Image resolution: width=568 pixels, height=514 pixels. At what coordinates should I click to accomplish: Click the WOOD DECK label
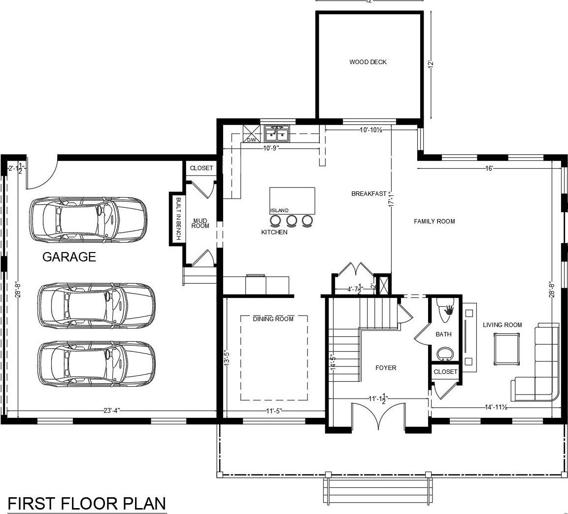[x=368, y=62]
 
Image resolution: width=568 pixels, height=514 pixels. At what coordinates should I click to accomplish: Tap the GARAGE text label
[x=69, y=257]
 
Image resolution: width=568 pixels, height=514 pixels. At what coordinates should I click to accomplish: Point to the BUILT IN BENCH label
[x=178, y=219]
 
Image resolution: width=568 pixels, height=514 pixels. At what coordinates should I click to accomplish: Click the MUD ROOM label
[x=200, y=223]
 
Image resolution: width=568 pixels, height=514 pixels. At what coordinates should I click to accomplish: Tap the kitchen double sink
[x=276, y=133]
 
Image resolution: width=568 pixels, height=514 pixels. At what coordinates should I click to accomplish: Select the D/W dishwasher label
[x=251, y=140]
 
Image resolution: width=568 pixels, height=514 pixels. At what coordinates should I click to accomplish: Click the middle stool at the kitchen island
[x=292, y=220]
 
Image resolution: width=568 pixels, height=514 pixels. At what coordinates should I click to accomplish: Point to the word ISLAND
[x=279, y=211]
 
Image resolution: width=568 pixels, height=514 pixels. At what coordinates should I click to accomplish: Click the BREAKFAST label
[x=368, y=194]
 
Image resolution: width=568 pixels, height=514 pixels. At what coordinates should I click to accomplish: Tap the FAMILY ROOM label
[x=434, y=221]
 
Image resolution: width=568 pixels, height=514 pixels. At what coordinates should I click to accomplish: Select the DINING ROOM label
[x=273, y=319]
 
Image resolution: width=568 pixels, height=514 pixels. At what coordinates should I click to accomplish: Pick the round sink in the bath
[x=446, y=354]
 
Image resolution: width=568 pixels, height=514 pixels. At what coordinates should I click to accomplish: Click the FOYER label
[x=385, y=368]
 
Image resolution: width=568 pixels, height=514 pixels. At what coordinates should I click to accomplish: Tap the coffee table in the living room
[x=507, y=349]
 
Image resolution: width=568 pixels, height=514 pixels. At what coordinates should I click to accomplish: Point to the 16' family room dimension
[x=489, y=169]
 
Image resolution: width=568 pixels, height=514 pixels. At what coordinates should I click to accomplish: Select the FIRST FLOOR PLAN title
[x=87, y=504]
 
